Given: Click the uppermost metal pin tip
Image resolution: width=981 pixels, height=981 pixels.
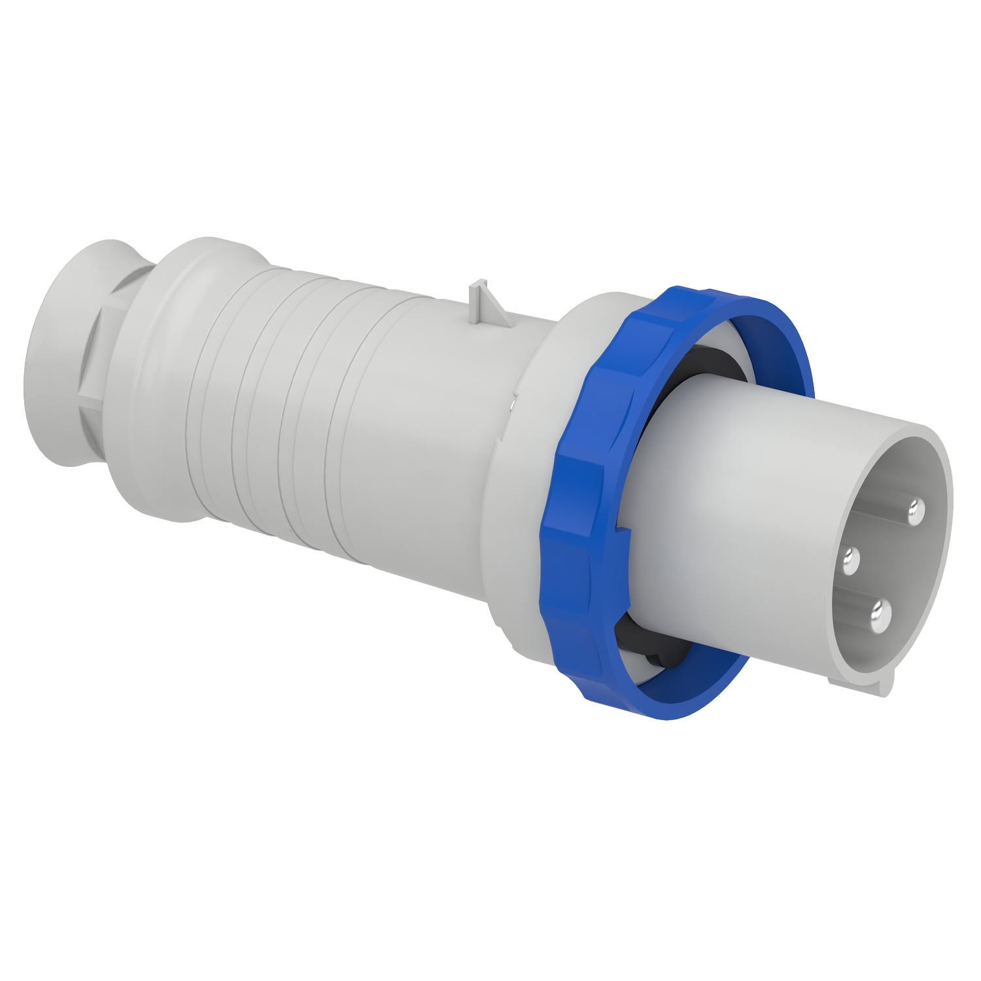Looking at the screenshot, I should [916, 508].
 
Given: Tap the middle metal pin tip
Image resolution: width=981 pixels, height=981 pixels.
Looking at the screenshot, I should [852, 560].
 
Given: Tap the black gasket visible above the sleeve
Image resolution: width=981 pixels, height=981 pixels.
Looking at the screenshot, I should [713, 366].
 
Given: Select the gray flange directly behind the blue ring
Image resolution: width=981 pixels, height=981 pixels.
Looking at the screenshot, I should [523, 458].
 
